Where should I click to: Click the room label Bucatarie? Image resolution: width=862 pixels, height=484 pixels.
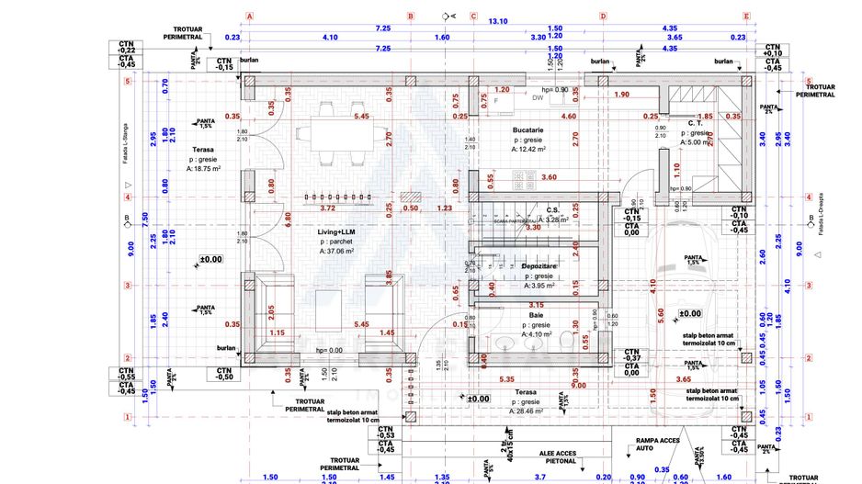tap(529, 131)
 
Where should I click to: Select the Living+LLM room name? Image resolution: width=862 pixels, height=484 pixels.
tap(336, 233)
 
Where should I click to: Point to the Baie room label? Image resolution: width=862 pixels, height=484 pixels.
tap(535, 315)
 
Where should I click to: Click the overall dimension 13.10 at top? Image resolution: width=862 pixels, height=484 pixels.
tap(497, 20)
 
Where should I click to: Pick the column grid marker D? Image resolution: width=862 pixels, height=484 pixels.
tap(604, 16)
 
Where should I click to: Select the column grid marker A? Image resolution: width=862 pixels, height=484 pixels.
tap(249, 16)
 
